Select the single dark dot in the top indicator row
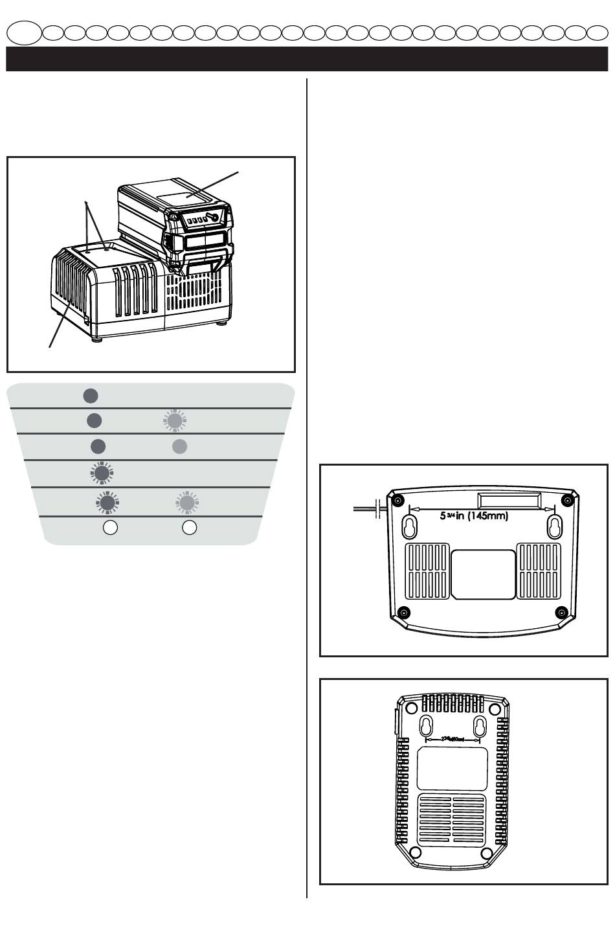click(x=91, y=395)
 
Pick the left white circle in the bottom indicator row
click(x=111, y=527)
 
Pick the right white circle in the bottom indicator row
click(x=189, y=527)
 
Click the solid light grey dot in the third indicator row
click(x=180, y=446)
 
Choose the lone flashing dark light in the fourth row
click(x=101, y=473)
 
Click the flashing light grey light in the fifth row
click(x=187, y=501)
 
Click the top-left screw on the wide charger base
click(x=397, y=499)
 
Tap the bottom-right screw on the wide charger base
click(x=561, y=612)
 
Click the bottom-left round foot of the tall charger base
click(x=416, y=852)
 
